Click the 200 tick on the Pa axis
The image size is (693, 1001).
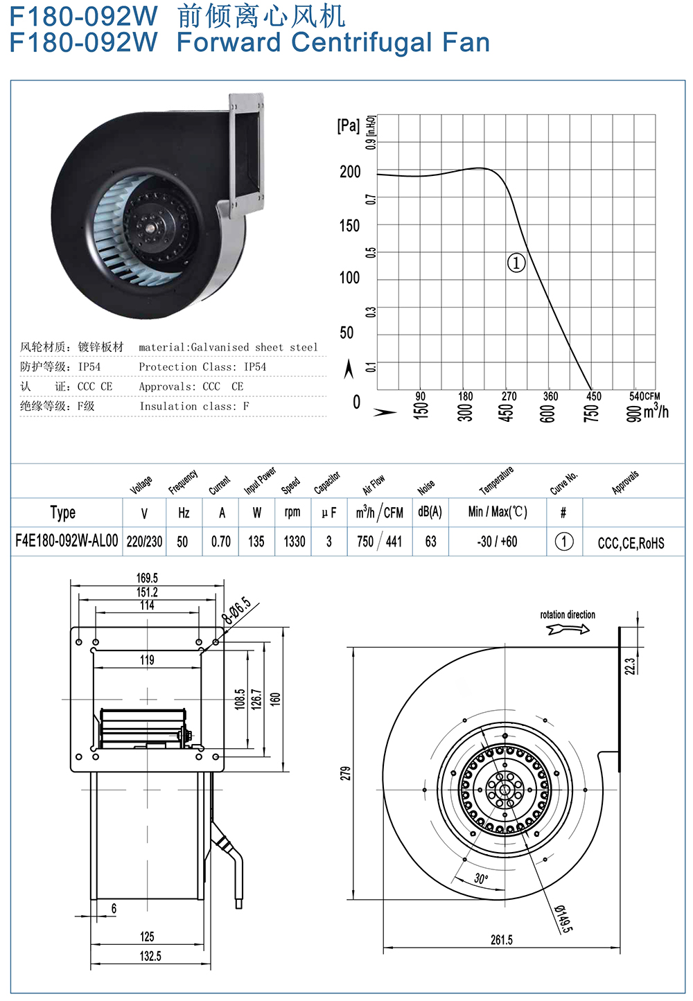350,172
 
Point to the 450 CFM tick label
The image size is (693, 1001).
594,396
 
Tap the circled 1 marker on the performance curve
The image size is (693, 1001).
516,263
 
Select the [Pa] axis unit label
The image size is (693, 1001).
348,125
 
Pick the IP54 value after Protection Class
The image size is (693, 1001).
255,366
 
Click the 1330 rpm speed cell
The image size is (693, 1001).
294,542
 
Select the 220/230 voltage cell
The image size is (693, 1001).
144,542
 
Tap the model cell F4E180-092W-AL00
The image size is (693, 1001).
67,541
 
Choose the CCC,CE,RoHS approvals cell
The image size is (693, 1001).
631,543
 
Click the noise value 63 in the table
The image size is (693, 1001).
430,542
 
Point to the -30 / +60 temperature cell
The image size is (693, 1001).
497,542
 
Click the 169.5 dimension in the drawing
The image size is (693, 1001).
147,578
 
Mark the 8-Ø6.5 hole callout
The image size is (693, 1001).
236,610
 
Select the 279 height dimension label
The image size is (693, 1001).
345,773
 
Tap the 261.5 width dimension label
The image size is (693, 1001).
501,940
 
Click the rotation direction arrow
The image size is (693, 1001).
568,629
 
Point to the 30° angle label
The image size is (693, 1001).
480,878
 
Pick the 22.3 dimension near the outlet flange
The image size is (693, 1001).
629,666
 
